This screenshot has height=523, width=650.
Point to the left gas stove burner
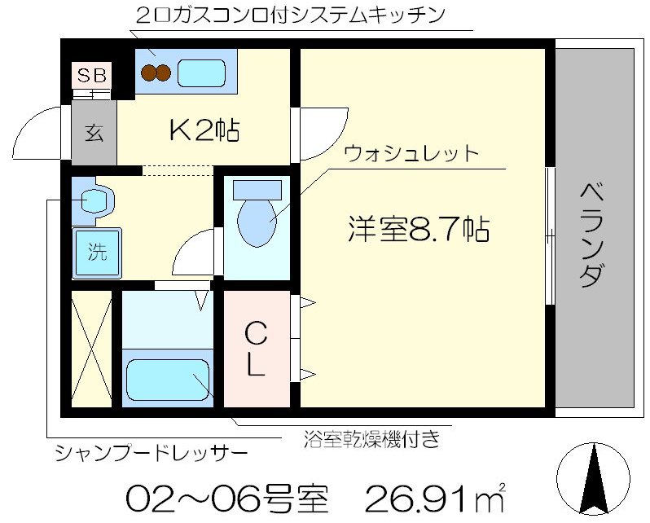tap(148, 73)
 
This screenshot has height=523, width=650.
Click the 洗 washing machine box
tap(97, 252)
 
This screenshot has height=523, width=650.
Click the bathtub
tap(169, 380)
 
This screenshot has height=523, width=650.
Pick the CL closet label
tap(256, 349)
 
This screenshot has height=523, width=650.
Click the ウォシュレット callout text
tap(411, 153)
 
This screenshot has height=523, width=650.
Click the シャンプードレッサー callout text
tap(151, 452)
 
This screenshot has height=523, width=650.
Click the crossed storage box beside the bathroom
tap(91, 349)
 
